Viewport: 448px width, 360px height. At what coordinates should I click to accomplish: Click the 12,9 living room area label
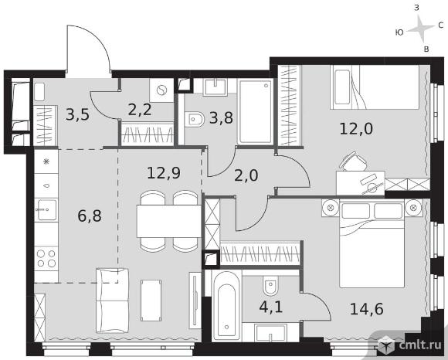[164, 173]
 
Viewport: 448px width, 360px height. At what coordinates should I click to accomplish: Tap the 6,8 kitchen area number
[90, 216]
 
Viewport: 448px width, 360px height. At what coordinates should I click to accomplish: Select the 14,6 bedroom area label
[367, 309]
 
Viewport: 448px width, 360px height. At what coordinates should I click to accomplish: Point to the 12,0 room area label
[356, 128]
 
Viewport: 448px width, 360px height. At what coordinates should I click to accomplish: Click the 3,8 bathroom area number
[221, 117]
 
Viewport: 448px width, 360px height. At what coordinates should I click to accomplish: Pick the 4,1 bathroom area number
[271, 307]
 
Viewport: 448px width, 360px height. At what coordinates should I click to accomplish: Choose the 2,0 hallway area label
[246, 175]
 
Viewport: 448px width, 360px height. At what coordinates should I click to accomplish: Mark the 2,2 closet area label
[140, 110]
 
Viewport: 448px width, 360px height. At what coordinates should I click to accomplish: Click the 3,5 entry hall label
[78, 115]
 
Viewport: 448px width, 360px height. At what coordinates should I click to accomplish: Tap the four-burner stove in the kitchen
[46, 258]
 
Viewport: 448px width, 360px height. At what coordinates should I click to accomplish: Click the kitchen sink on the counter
[46, 209]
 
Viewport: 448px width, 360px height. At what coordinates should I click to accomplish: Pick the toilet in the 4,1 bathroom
[270, 286]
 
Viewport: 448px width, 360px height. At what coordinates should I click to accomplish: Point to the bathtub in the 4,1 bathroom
[226, 305]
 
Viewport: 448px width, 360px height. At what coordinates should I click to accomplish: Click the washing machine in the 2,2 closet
[161, 90]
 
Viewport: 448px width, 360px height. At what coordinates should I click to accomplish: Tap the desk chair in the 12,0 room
[353, 161]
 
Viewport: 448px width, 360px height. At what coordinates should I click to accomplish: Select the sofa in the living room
[112, 301]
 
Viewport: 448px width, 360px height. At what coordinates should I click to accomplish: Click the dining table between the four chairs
[169, 221]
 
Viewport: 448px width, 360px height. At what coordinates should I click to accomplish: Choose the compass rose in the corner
[420, 29]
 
